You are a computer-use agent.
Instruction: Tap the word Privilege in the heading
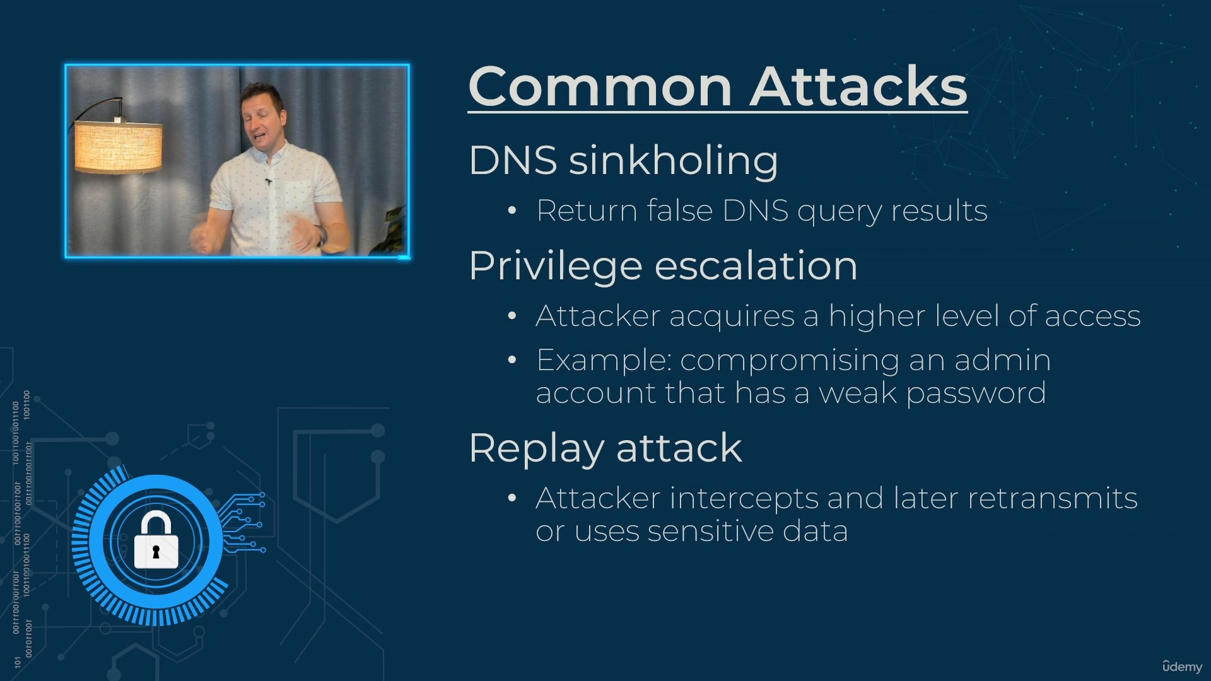tap(555, 267)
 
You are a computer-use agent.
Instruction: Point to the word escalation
tap(756, 265)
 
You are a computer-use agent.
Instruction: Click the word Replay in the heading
tap(535, 450)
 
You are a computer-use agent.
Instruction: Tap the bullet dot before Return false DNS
tap(512, 211)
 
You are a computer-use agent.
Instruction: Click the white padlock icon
tap(156, 540)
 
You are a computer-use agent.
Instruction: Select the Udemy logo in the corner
tap(1182, 666)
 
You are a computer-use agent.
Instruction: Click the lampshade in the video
tap(118, 148)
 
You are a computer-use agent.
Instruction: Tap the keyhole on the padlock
tap(156, 552)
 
